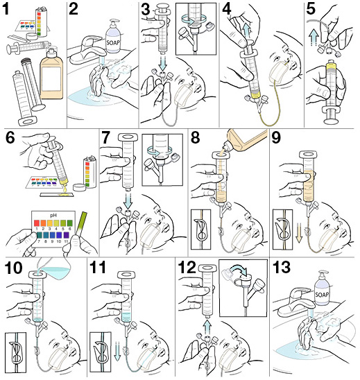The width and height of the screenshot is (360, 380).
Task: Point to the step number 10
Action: coord(14,269)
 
